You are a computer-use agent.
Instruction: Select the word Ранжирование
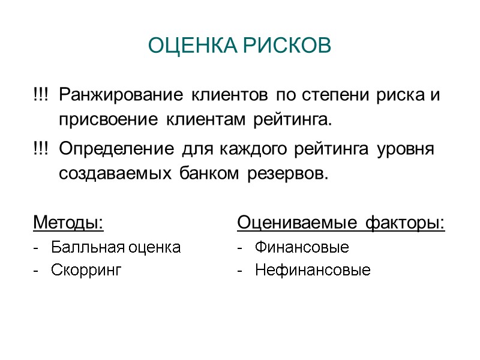tap(122, 95)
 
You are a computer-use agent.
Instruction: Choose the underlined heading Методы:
tap(68, 223)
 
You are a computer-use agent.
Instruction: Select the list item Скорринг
tap(86, 271)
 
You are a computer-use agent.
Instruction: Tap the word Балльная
tap(81, 247)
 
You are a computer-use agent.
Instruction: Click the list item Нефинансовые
tap(313, 271)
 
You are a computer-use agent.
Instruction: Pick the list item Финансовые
tap(302, 247)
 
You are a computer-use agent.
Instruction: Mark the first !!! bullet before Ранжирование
tap(41, 95)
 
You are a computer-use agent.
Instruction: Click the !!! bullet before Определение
tap(41, 149)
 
